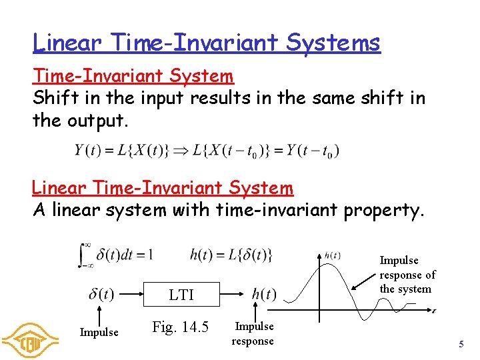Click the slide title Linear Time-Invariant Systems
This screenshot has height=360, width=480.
[x=207, y=43]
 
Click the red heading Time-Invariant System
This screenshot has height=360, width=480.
[x=133, y=76]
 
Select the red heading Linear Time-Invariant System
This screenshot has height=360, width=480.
[x=163, y=189]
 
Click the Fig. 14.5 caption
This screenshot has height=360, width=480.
[x=180, y=327]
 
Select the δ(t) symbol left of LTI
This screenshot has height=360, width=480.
[x=101, y=294]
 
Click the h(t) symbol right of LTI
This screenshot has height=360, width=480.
[x=264, y=294]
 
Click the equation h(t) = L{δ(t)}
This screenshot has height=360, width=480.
[x=231, y=254]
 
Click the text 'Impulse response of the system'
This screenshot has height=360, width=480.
[x=407, y=275]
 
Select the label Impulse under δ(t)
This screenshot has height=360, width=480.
[x=99, y=332]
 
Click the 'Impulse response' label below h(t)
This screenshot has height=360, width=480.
[x=253, y=333]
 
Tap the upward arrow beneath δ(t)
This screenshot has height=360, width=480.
[x=99, y=314]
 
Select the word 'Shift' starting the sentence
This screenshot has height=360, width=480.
[x=52, y=99]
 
